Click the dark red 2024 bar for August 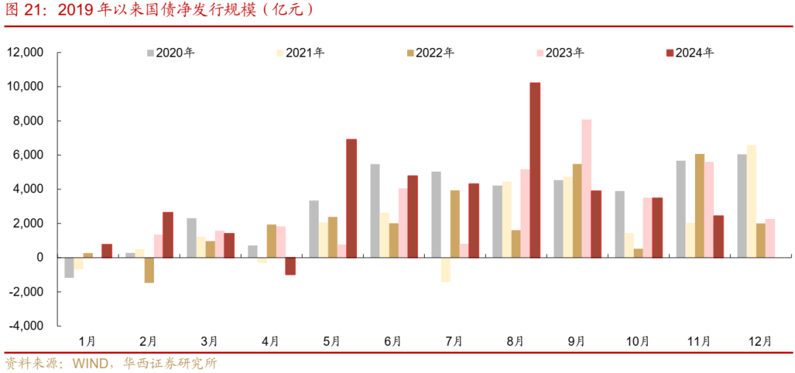535,170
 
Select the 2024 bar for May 351,198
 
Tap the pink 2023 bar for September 586,188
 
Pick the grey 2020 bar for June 375,211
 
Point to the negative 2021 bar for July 445,270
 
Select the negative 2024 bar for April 290,266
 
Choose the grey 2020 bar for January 69,268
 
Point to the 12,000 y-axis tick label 26,52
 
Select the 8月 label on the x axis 515,341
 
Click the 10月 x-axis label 637,341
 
